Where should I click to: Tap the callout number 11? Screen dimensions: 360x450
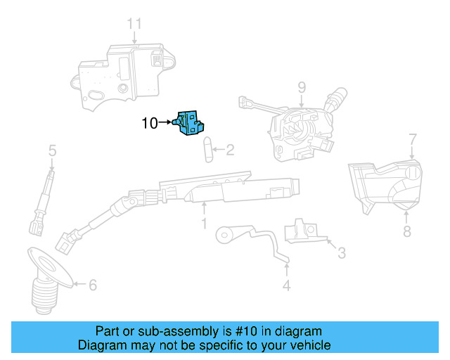(x=134, y=24)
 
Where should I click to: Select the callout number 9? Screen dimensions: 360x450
(x=301, y=88)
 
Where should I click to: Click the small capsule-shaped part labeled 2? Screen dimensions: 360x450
(x=207, y=149)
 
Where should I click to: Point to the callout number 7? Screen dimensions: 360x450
(x=413, y=139)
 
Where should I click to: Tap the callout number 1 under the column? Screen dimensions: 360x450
(x=204, y=224)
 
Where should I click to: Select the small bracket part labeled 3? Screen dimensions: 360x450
(x=300, y=230)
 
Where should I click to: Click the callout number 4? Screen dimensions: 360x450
(x=286, y=285)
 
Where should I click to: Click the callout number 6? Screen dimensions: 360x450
(x=92, y=285)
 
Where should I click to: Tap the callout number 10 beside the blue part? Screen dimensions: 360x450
(x=150, y=123)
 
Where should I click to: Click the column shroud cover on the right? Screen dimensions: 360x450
(x=383, y=184)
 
